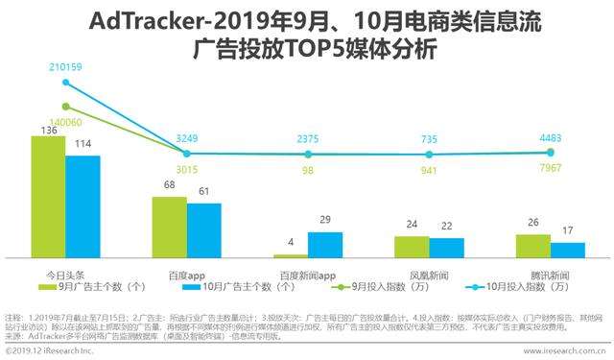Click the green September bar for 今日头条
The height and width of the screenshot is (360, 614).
48,197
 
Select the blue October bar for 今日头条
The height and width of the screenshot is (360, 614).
83,206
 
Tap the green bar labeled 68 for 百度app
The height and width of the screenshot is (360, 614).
169,227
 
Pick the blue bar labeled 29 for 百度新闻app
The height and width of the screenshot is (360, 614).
324,245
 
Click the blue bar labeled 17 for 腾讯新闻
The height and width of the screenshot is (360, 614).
568,250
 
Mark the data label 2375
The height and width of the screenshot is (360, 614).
307,139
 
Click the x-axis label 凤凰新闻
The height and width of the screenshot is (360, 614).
429,273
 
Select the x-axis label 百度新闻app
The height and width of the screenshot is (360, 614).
307,273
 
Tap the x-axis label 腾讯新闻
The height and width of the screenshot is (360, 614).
551,273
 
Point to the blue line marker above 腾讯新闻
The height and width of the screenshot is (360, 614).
551,152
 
